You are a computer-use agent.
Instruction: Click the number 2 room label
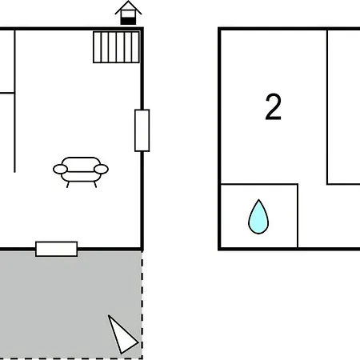coord(274,107)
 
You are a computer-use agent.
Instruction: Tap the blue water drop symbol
coord(258,217)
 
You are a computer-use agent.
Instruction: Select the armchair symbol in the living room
coord(81,172)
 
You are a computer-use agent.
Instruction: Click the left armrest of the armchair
coord(60,169)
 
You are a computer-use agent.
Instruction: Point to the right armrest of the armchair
coord(101,169)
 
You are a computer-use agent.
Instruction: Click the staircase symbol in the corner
coord(116,47)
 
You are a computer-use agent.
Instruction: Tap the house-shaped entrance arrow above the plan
coord(128,13)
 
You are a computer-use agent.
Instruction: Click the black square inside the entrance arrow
coord(128,21)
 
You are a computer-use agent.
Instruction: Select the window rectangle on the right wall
coord(142,130)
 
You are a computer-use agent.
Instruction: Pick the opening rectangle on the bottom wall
coord(57,249)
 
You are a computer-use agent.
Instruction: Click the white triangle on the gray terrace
coord(122,335)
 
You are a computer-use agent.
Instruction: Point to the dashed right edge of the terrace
coord(142,305)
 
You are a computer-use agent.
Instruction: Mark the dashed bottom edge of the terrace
coord(71,358)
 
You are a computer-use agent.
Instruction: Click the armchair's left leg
coord(68,185)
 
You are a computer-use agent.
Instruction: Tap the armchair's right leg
coord(95,185)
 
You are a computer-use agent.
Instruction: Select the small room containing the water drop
coord(259,216)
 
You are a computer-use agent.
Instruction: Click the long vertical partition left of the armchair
coord(14,102)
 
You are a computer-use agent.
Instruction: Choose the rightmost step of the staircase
coord(135,47)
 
